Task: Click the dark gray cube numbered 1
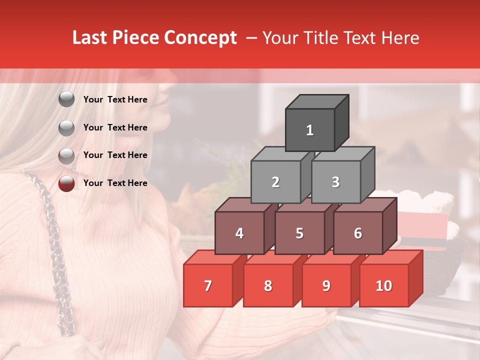[x=310, y=130]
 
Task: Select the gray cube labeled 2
[x=275, y=182]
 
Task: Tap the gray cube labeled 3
[x=335, y=182]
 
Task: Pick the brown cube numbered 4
[x=239, y=233]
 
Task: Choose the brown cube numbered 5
[x=299, y=233]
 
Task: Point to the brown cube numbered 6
[x=358, y=233]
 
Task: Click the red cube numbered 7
[x=208, y=285]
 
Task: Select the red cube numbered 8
[x=268, y=285]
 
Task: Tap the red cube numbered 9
[x=326, y=285]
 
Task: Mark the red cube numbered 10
[x=383, y=285]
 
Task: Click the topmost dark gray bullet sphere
[x=66, y=99]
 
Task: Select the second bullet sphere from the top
[x=66, y=128]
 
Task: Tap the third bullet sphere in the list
[x=66, y=155]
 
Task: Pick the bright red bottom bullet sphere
[x=66, y=183]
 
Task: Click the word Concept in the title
[x=200, y=38]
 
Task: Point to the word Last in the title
[x=91, y=38]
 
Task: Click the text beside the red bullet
[x=115, y=183]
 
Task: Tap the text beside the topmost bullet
[x=115, y=99]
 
